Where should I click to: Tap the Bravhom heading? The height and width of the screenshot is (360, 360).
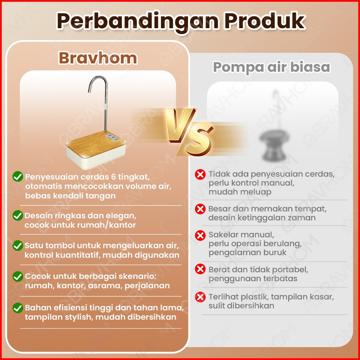pyautogui.click(x=98, y=58)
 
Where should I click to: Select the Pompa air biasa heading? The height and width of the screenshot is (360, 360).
pyautogui.click(x=271, y=67)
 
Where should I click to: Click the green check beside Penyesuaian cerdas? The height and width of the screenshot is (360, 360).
pyautogui.click(x=18, y=177)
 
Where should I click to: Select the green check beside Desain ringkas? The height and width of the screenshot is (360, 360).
pyautogui.click(x=18, y=216)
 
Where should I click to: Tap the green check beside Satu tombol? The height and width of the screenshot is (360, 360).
pyautogui.click(x=18, y=246)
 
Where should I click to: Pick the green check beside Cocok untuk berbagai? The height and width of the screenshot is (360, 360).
pyautogui.click(x=18, y=276)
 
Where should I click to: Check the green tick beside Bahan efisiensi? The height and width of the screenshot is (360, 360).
pyautogui.click(x=18, y=308)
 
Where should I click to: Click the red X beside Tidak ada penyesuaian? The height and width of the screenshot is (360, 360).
pyautogui.click(x=200, y=174)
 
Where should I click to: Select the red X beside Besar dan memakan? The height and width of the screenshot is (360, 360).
pyautogui.click(x=200, y=209)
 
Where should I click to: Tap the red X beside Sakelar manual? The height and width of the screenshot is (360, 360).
pyautogui.click(x=200, y=236)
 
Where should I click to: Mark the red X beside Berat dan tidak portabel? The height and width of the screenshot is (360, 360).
pyautogui.click(x=200, y=269)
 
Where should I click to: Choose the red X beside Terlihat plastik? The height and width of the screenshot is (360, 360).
pyautogui.click(x=200, y=297)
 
